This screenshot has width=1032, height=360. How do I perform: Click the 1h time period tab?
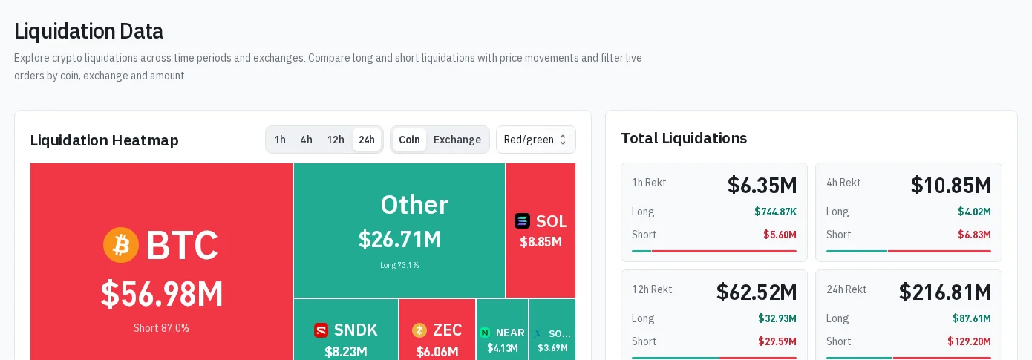pyautogui.click(x=280, y=140)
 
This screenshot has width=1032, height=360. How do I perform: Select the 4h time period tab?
pyautogui.click(x=307, y=140)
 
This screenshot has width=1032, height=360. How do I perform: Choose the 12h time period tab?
pyautogui.click(x=336, y=140)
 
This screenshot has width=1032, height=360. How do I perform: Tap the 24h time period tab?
pyautogui.click(x=367, y=140)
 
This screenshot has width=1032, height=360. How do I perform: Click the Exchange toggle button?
pyautogui.click(x=457, y=140)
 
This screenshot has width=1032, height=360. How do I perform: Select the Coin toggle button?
pyautogui.click(x=409, y=140)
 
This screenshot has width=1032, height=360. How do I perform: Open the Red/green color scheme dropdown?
pyautogui.click(x=536, y=140)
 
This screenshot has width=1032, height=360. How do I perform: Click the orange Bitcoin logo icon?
pyautogui.click(x=121, y=245)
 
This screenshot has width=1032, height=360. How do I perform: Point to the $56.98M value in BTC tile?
pyautogui.click(x=162, y=294)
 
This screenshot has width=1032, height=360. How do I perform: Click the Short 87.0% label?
pyautogui.click(x=161, y=328)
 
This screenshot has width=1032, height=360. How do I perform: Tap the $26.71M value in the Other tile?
pyautogui.click(x=399, y=240)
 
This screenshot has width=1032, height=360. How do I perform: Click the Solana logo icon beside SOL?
pyautogui.click(x=522, y=221)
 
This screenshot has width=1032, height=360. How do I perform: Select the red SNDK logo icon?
pyautogui.click(x=321, y=330)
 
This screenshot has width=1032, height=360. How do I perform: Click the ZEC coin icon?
pyautogui.click(x=419, y=330)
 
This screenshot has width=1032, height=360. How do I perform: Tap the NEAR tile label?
pyautogui.click(x=510, y=333)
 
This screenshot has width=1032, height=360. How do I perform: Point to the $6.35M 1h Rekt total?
pyautogui.click(x=762, y=185)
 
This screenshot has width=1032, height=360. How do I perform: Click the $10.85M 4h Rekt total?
pyautogui.click(x=951, y=185)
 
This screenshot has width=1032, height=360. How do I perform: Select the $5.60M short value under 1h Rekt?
pyautogui.click(x=780, y=235)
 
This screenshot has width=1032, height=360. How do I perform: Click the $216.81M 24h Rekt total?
pyautogui.click(x=945, y=292)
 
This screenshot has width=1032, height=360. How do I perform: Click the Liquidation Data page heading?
pyautogui.click(x=89, y=31)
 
